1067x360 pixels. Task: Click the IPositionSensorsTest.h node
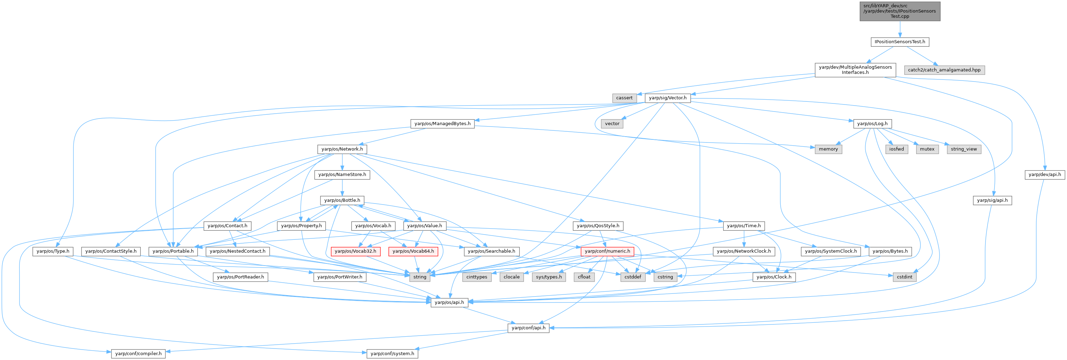pyautogui.click(x=900, y=42)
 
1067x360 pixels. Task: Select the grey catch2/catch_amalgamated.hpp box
pyautogui.click(x=944, y=70)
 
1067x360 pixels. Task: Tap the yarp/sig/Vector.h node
pyautogui.click(x=667, y=98)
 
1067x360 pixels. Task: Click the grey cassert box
pyautogui.click(x=624, y=98)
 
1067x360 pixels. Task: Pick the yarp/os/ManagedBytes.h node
pyautogui.click(x=442, y=123)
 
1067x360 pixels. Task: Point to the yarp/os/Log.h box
pyautogui.click(x=872, y=123)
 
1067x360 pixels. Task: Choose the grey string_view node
pyautogui.click(x=964, y=149)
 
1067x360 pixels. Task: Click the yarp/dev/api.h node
pyautogui.click(x=1045, y=174)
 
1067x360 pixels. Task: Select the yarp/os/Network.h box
pyautogui.click(x=342, y=149)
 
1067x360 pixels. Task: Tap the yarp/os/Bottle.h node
pyautogui.click(x=342, y=200)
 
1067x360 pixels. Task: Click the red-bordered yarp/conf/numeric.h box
pyautogui.click(x=607, y=251)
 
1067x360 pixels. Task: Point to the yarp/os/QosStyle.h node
pyautogui.click(x=598, y=226)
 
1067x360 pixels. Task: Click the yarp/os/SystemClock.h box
pyautogui.click(x=830, y=251)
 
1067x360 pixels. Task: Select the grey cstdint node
pyautogui.click(x=904, y=277)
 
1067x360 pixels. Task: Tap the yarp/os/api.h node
pyautogui.click(x=449, y=302)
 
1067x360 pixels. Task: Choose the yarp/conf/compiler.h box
pyautogui.click(x=138, y=353)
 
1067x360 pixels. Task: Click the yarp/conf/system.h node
pyautogui.click(x=392, y=353)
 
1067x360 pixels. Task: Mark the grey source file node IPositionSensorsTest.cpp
pyautogui.click(x=900, y=11)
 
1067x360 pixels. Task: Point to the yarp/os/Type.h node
pyautogui.click(x=53, y=251)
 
